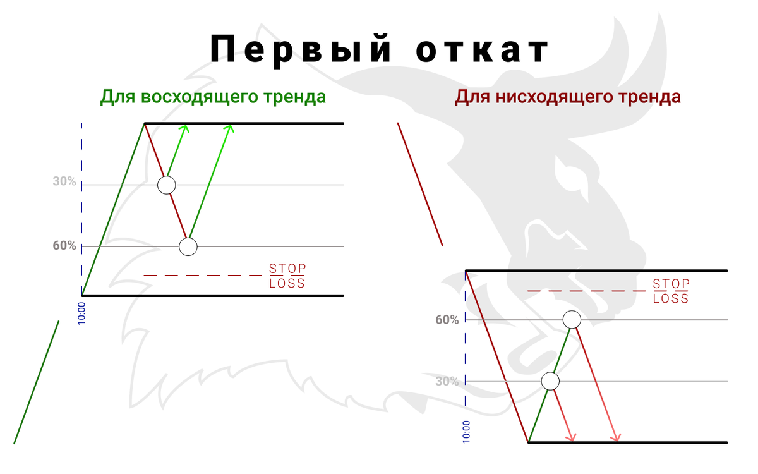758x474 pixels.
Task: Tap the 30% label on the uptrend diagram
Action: [64, 182]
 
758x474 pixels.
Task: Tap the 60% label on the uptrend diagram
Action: [64, 246]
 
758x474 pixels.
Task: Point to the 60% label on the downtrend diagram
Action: [447, 320]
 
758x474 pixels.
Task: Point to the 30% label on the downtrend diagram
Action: [447, 382]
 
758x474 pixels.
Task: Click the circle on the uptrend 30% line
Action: [167, 185]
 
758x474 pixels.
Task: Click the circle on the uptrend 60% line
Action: [188, 246]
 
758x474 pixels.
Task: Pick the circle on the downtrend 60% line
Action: [572, 320]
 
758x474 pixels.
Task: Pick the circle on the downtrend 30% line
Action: [551, 381]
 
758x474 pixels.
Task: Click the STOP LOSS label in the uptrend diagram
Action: [287, 276]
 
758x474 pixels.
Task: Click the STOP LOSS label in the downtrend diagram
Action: [671, 291]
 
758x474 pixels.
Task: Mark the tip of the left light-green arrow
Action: [185, 125]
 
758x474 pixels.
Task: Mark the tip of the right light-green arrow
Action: [231, 125]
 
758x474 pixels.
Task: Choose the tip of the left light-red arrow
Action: [573, 440]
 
